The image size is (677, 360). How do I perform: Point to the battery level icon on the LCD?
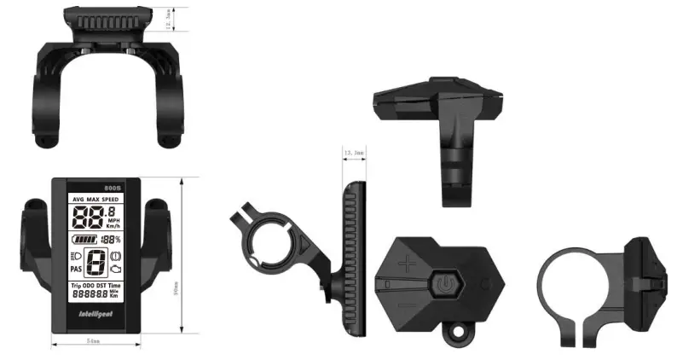[84, 240]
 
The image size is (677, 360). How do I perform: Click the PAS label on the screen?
[76, 268]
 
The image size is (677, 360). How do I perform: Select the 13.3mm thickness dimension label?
[353, 152]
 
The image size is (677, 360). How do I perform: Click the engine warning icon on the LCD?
[116, 269]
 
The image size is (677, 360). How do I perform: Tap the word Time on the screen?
[115, 283]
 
